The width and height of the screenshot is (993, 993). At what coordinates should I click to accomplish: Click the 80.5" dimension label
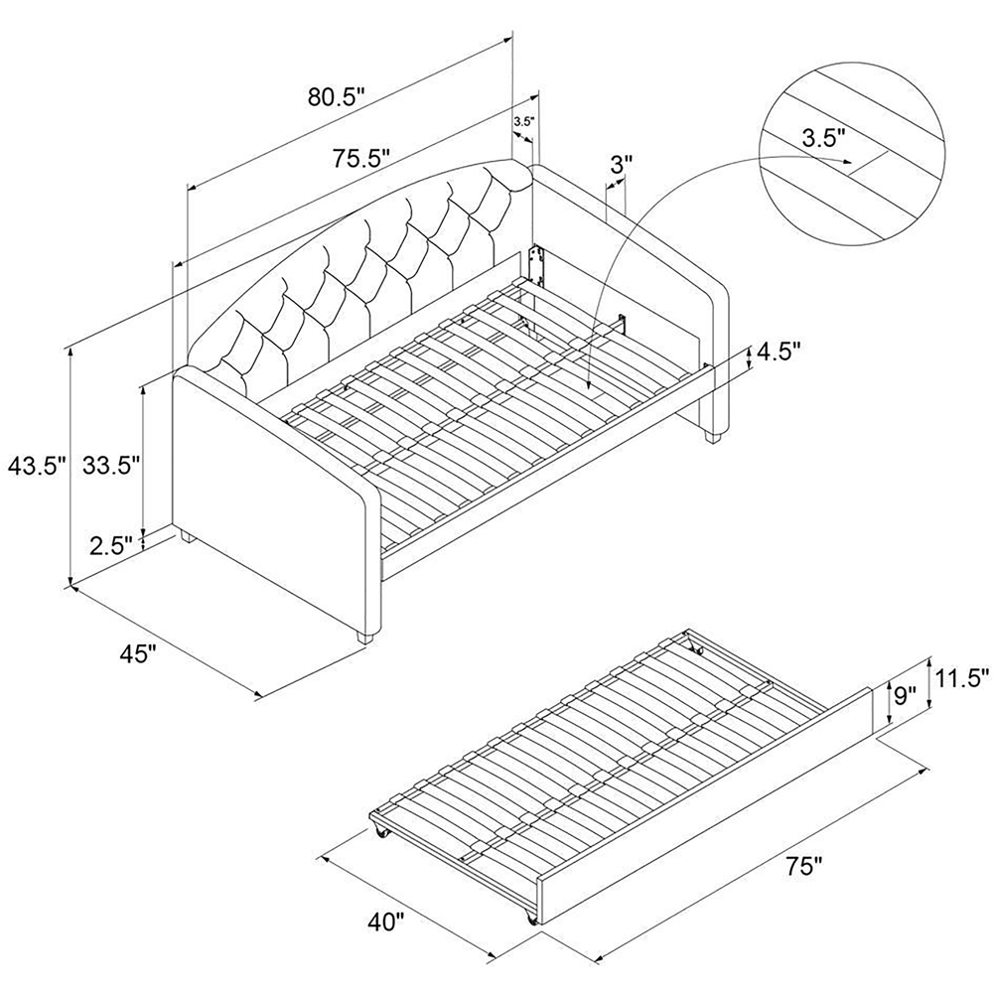(337, 97)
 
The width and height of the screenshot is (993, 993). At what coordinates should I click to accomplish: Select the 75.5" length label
(360, 157)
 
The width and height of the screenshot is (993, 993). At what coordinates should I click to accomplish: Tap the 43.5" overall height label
(37, 467)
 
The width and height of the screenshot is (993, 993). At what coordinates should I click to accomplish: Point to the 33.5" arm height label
(110, 467)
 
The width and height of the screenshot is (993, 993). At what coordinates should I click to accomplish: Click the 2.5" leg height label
(111, 544)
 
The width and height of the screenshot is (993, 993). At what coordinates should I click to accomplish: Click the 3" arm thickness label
(621, 167)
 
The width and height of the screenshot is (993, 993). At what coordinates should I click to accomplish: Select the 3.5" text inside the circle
(823, 137)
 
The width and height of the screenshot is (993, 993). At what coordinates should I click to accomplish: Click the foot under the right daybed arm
(714, 437)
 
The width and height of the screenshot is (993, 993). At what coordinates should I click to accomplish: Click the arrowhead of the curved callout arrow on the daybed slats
(588, 383)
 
